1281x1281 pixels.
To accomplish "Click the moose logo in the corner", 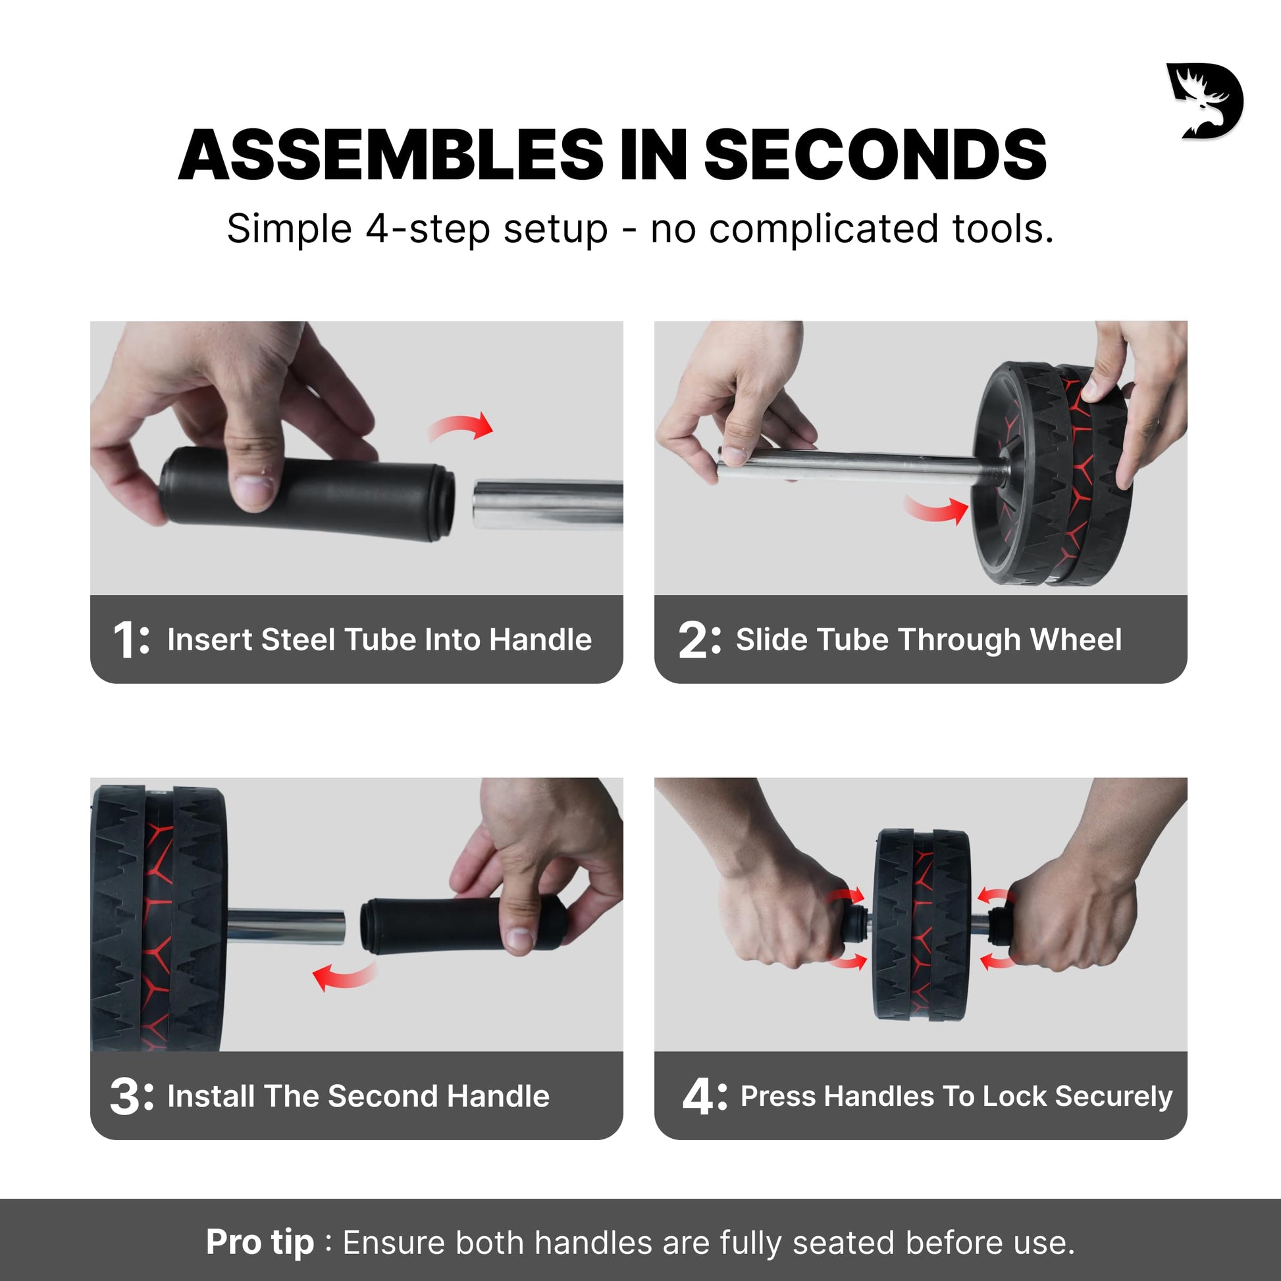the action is click(x=1205, y=101).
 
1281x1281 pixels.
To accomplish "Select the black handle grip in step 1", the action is click(x=306, y=493).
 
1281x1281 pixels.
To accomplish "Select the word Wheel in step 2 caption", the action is click(x=1076, y=640).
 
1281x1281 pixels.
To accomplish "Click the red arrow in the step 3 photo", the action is click(x=344, y=977).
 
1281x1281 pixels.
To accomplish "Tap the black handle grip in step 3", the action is click(x=464, y=925).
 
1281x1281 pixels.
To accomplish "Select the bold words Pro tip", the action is click(x=260, y=1243).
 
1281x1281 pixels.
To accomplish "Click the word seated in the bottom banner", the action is click(x=844, y=1243).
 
